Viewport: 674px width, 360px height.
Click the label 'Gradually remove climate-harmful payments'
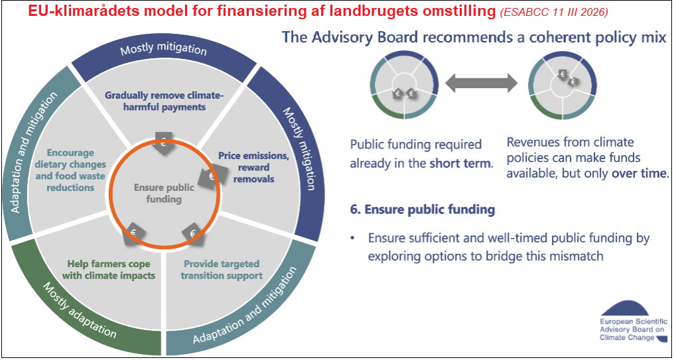164,101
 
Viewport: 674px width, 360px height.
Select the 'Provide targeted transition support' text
222,269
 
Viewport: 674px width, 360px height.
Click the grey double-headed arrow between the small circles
480,84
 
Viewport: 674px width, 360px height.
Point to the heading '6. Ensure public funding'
423,210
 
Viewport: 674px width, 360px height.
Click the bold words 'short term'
462,163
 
